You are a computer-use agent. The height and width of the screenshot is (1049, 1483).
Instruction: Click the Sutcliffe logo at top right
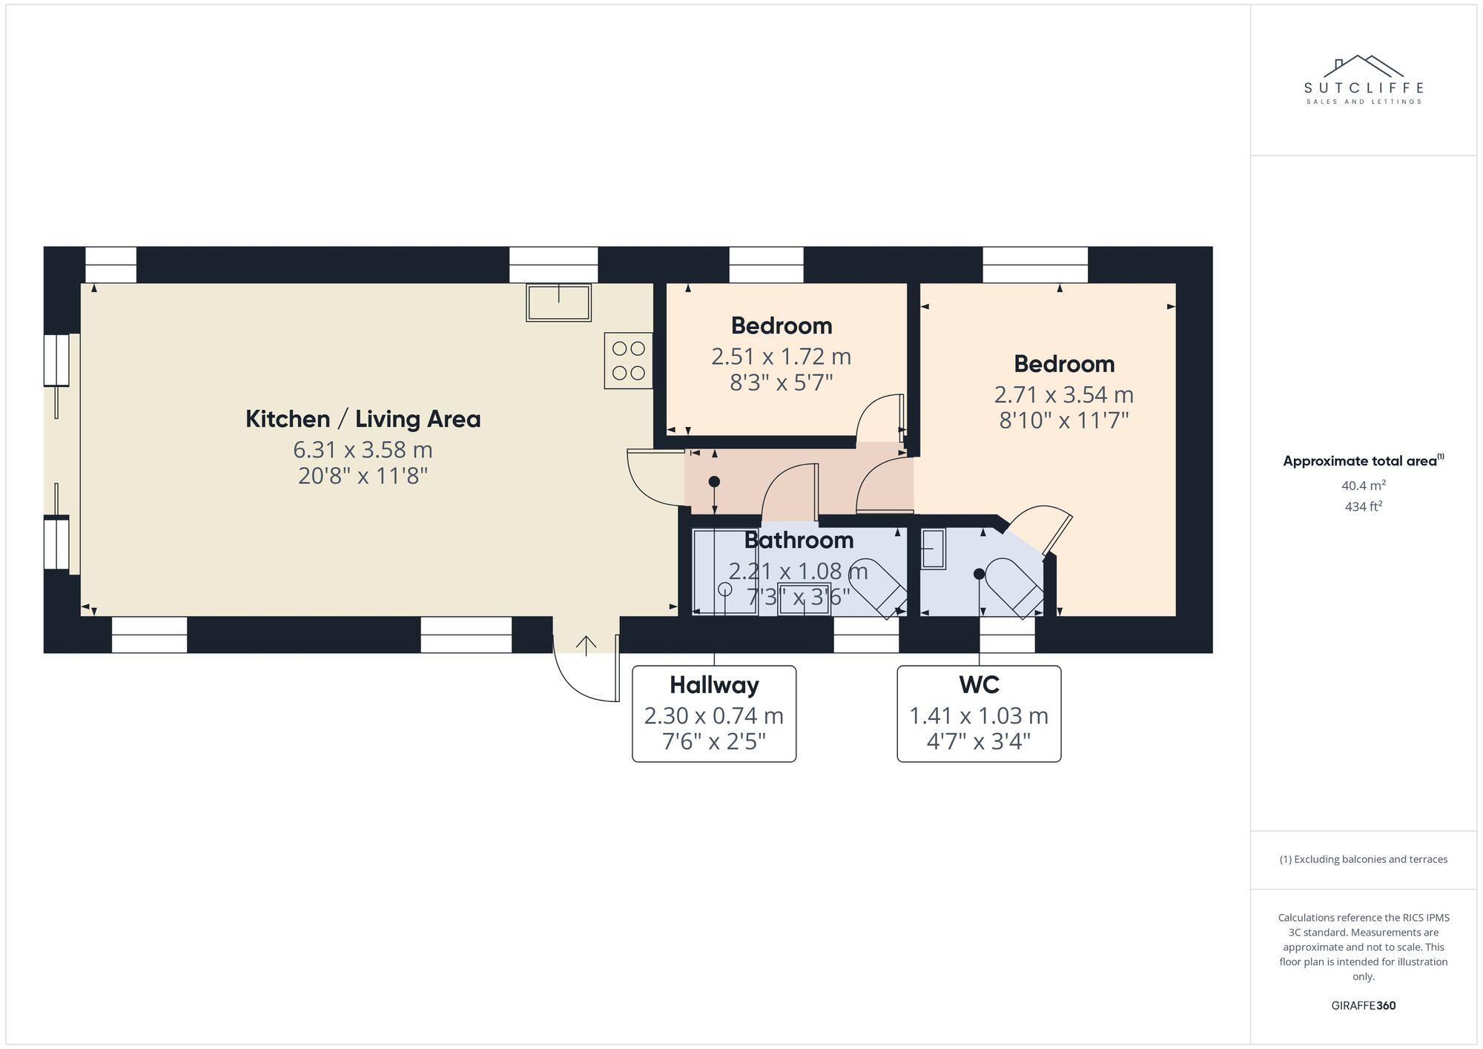[x=1363, y=80]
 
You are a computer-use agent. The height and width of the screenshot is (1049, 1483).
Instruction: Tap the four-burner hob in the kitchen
[x=628, y=360]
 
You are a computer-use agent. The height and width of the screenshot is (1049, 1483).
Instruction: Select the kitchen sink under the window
[x=558, y=302]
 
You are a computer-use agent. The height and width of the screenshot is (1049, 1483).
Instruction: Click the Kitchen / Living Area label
[x=363, y=419]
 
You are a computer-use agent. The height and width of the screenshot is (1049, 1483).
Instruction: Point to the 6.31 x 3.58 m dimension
[x=363, y=449]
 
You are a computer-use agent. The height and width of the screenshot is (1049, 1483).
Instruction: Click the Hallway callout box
[x=713, y=713]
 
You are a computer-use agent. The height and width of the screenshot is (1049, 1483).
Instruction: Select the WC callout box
[x=979, y=713]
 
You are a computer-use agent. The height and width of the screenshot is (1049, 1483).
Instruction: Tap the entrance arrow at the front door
[x=586, y=645]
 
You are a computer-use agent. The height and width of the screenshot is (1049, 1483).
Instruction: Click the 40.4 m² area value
[x=1363, y=486]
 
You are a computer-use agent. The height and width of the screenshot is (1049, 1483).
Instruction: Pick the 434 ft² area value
[x=1363, y=506]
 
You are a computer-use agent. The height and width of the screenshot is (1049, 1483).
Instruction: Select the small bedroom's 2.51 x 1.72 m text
[x=781, y=357]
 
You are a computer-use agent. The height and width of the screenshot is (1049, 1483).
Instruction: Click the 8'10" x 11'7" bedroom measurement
[x=1063, y=420]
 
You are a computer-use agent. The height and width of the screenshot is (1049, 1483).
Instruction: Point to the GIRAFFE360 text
[x=1363, y=1005]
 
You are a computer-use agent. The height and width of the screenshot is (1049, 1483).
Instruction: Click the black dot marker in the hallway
[x=714, y=481]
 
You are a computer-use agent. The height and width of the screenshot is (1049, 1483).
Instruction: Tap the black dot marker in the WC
[x=979, y=573]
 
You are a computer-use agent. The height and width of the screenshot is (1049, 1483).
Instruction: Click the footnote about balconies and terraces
[x=1363, y=859]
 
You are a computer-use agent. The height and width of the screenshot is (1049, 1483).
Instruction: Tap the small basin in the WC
[x=932, y=549]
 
